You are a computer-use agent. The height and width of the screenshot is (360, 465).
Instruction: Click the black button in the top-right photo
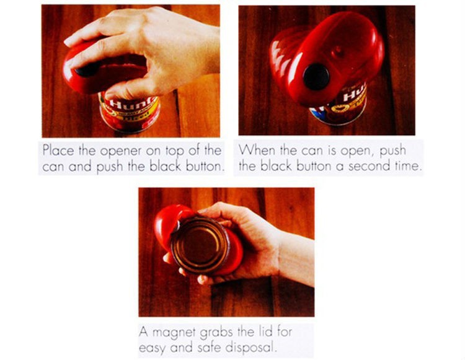316,77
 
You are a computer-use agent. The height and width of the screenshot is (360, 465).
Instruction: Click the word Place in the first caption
58,150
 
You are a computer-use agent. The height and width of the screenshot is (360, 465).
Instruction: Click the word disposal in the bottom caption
250,347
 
